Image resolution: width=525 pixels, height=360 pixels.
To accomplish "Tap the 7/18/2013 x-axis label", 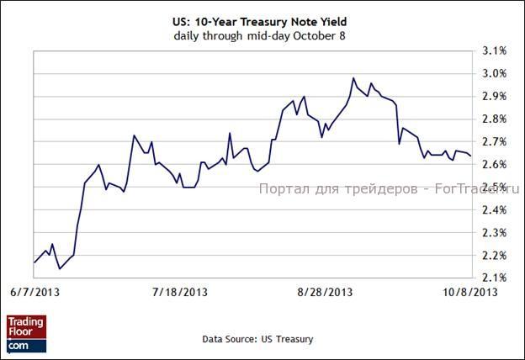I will click(x=179, y=292).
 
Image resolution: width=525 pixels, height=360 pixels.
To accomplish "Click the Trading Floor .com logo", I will click(x=26, y=334).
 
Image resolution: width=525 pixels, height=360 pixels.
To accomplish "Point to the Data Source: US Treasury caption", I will click(x=257, y=339).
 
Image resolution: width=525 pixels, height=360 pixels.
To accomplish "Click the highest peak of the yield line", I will click(x=353, y=78).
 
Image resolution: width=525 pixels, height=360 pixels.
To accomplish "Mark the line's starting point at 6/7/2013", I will click(x=34, y=263).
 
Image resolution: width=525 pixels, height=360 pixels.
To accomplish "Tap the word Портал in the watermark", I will click(x=282, y=189).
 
